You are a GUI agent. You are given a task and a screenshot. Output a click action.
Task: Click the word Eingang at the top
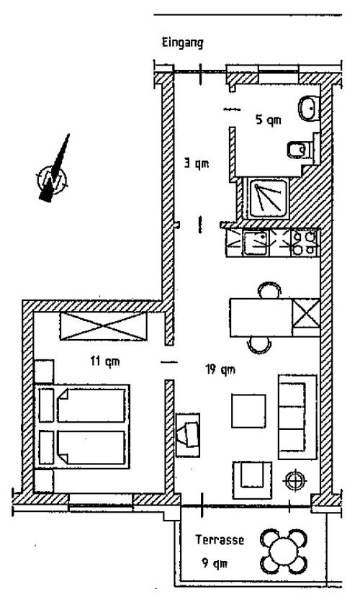point(182,42)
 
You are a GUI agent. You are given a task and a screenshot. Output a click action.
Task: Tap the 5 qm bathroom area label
point(269,120)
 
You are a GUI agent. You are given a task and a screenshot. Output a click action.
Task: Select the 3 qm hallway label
point(197,163)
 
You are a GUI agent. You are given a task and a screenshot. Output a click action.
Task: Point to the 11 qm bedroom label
point(105,361)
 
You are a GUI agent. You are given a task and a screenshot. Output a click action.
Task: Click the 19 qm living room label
point(220,369)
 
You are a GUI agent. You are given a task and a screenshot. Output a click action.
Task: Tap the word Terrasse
point(220,539)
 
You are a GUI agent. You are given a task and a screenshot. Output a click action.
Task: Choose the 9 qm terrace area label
point(215,563)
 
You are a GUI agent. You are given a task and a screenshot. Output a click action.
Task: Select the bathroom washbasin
point(308,107)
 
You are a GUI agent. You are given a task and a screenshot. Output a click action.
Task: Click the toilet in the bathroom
point(300,150)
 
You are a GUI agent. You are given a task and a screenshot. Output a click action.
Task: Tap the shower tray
point(268,199)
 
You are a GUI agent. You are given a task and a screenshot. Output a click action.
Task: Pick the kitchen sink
point(255,243)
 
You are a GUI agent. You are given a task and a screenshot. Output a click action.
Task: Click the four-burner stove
point(304,243)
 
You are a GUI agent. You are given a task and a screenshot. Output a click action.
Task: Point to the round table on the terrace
point(284,552)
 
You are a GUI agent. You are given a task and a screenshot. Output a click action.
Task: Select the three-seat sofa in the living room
point(297,417)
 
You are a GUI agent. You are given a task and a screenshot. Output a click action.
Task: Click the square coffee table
point(248,410)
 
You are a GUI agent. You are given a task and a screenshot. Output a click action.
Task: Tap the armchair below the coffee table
point(252,480)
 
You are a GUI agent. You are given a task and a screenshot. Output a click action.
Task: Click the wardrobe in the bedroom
point(104,326)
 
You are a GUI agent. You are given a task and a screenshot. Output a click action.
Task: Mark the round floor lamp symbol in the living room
point(295,480)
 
